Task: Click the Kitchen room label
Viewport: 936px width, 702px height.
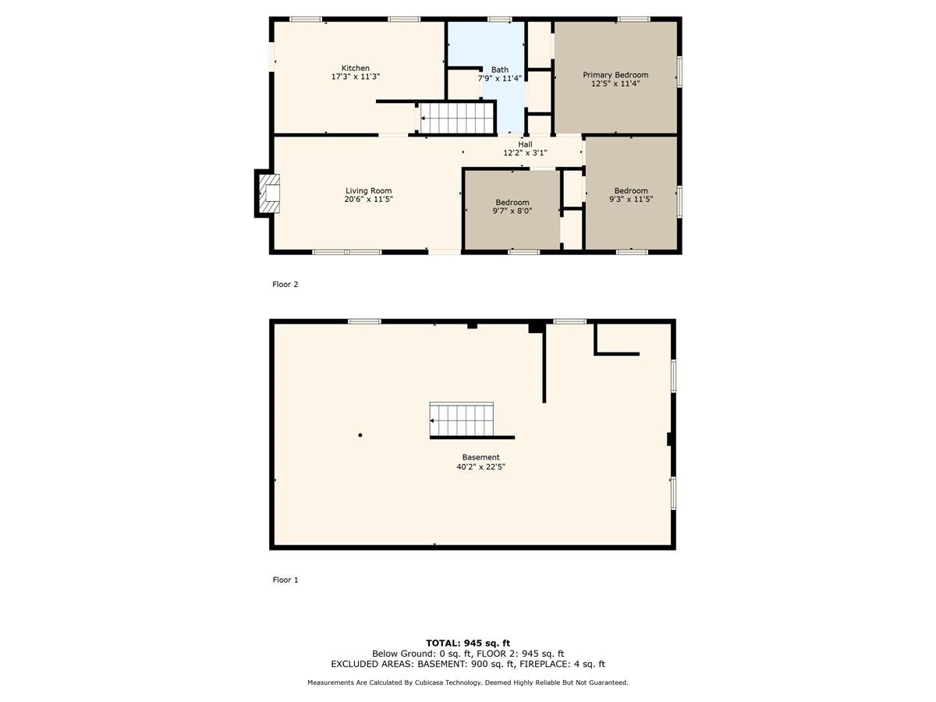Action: (x=355, y=68)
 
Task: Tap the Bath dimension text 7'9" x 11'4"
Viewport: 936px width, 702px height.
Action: (x=499, y=78)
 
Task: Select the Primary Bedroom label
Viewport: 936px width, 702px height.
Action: (x=615, y=75)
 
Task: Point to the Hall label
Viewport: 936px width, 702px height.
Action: (x=525, y=144)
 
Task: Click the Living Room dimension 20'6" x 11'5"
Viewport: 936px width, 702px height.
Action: (x=368, y=200)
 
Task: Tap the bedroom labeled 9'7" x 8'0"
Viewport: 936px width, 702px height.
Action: (x=512, y=207)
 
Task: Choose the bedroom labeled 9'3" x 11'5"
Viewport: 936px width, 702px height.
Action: (x=630, y=195)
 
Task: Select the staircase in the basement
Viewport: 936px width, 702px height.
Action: (x=462, y=420)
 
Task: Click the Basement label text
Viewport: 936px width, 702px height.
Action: (x=480, y=457)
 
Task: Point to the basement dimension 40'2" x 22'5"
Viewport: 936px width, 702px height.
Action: (x=480, y=466)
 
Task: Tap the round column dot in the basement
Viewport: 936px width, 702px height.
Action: (x=360, y=435)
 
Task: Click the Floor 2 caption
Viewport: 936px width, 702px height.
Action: (x=285, y=285)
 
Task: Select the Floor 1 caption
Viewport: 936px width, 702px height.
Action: (x=285, y=580)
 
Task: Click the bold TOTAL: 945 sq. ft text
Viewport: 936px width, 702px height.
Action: (x=468, y=643)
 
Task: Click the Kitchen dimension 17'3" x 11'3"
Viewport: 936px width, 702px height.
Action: (x=355, y=77)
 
